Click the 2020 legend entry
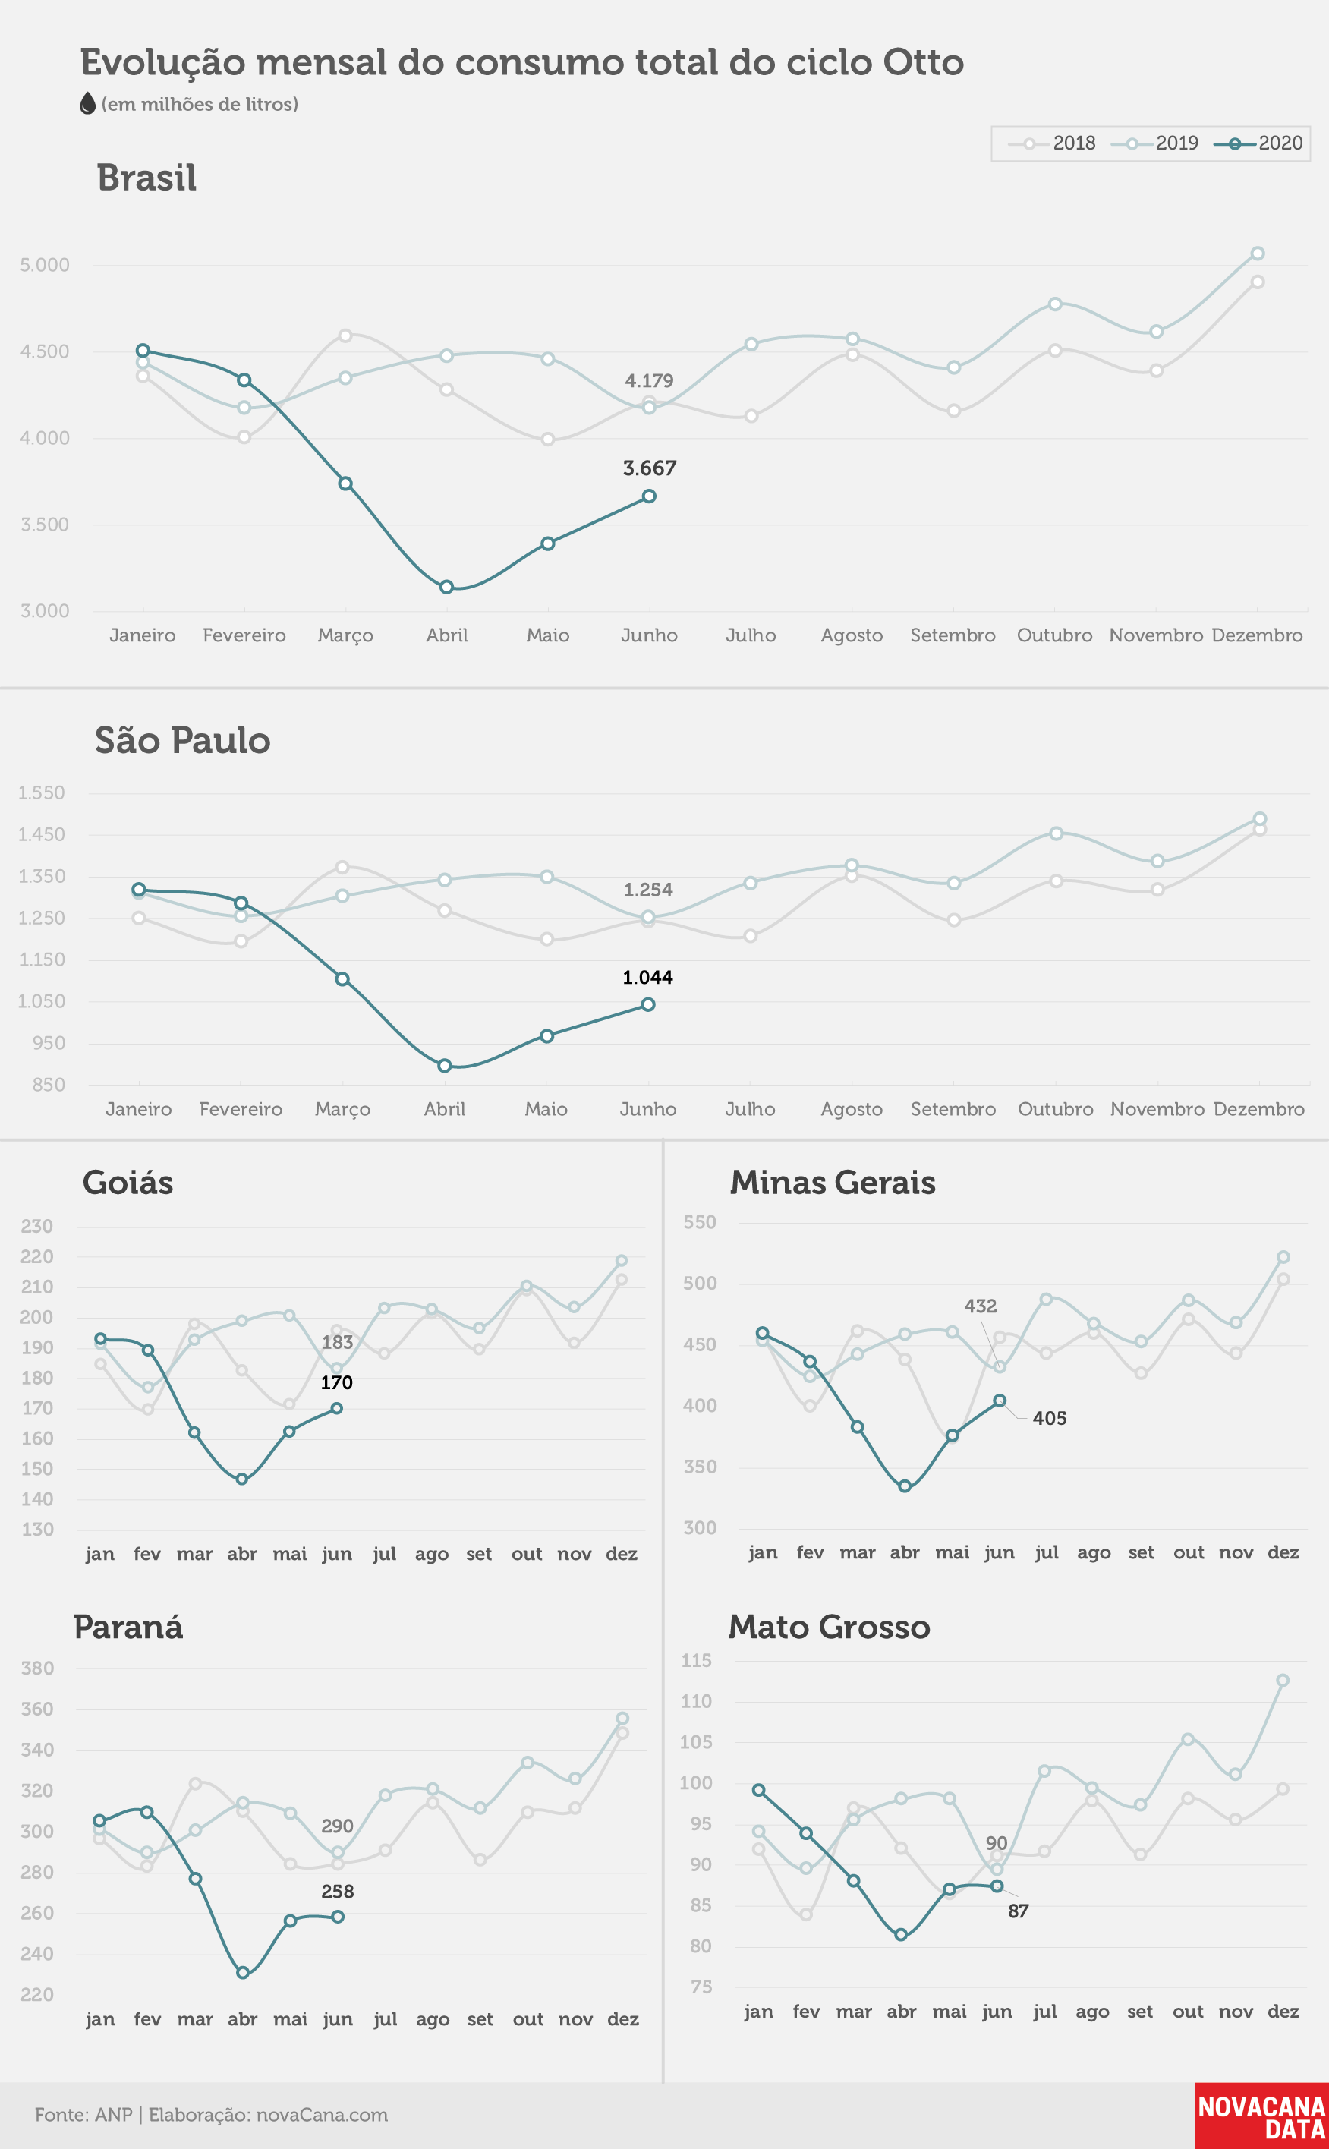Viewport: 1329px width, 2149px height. (1258, 143)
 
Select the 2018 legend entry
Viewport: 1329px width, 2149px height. (1052, 143)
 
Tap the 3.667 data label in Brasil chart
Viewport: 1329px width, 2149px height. (650, 468)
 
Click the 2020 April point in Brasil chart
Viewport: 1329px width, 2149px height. (446, 587)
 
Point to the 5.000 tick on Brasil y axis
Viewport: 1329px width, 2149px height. (45, 265)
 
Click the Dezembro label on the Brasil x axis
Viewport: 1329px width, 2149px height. (1257, 635)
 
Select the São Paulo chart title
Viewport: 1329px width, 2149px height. (183, 740)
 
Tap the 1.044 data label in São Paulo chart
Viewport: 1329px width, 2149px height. (647, 978)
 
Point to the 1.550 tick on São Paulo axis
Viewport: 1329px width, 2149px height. (41, 792)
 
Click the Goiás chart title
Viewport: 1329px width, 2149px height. (128, 1183)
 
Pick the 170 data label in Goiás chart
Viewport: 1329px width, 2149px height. (337, 1382)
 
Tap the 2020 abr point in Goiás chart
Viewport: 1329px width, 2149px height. (241, 1479)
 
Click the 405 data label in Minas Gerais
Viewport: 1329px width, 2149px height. (1050, 1419)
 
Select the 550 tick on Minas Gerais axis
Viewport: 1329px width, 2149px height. (700, 1221)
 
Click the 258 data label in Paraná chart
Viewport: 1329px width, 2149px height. (338, 1892)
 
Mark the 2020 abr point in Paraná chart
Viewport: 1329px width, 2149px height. (243, 1973)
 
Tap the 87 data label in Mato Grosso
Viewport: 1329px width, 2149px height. (1018, 1911)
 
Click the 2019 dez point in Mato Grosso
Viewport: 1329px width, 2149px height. (1283, 1681)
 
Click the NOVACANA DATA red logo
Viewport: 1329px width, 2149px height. (1261, 2116)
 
